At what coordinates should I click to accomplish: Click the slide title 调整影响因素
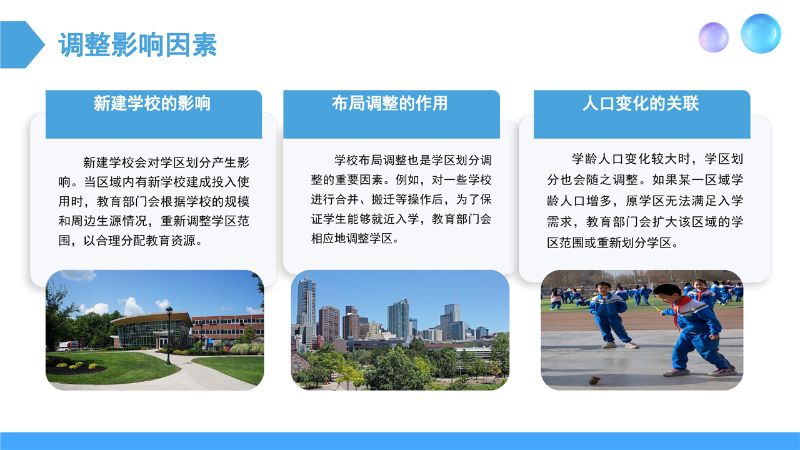click(x=137, y=44)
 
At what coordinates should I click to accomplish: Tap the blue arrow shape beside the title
click(x=21, y=44)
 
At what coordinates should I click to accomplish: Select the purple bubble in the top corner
click(x=714, y=37)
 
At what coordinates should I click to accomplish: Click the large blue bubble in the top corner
click(x=761, y=34)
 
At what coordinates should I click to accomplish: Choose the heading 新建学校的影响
click(x=152, y=103)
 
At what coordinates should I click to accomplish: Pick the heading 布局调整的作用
click(x=389, y=103)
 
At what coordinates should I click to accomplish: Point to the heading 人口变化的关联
click(x=641, y=103)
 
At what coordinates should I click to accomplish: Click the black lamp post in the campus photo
click(x=169, y=335)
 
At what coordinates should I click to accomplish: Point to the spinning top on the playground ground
click(x=594, y=380)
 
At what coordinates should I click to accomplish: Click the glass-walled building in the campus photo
click(x=152, y=331)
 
